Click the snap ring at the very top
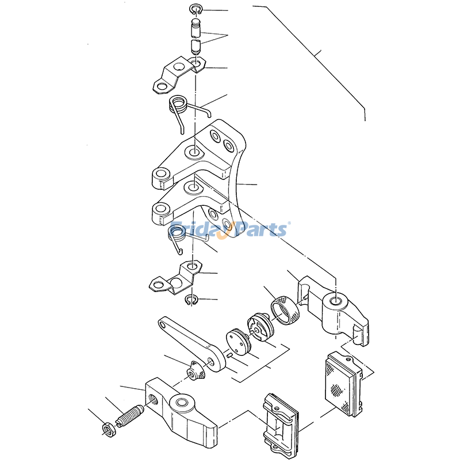click(x=195, y=6)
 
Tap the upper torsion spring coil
click(x=178, y=105)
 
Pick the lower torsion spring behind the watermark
click(x=176, y=233)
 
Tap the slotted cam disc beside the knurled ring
click(x=260, y=327)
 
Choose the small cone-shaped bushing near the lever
click(x=195, y=370)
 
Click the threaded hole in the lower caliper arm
click(x=153, y=399)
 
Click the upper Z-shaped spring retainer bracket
click(x=179, y=75)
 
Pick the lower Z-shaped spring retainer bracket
click(x=175, y=277)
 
